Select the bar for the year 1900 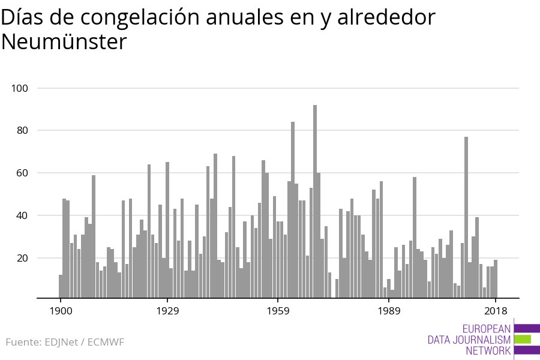point(61,286)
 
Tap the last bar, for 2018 point(496,278)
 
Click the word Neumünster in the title point(64,42)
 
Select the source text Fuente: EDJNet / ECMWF point(65,343)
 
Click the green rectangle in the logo point(523,339)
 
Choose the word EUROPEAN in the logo point(487,329)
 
